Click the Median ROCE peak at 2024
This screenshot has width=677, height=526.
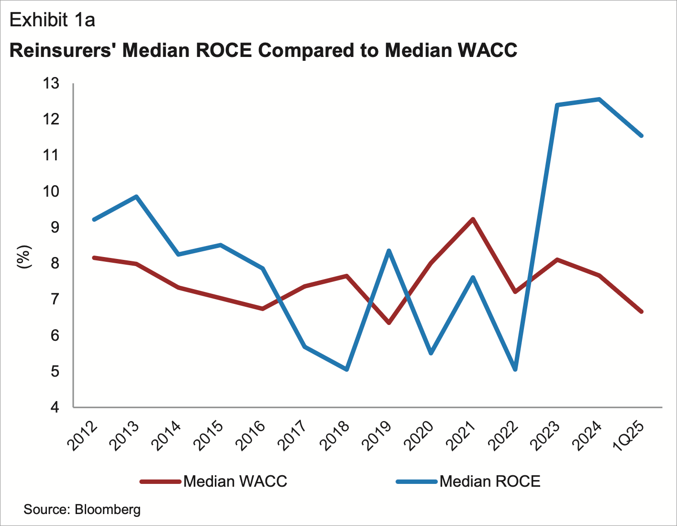(x=599, y=99)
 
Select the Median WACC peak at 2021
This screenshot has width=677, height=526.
(x=473, y=219)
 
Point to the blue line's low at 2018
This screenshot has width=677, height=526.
(x=346, y=369)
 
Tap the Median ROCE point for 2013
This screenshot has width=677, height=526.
(x=136, y=196)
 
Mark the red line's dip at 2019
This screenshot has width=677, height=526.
(x=388, y=323)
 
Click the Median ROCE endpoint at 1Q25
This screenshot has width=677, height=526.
(x=641, y=135)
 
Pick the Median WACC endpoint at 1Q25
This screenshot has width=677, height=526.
(x=641, y=312)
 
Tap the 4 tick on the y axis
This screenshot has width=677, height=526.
(x=55, y=408)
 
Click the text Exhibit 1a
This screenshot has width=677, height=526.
(x=52, y=20)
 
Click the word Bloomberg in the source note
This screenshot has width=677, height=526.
(x=108, y=509)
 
